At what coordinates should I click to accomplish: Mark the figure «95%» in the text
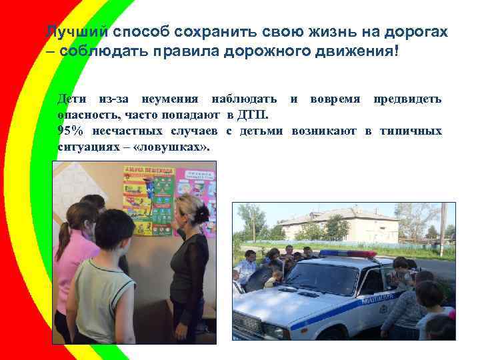[x=72, y=131]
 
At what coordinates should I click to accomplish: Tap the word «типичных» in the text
[x=411, y=131]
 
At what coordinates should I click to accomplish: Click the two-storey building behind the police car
[x=340, y=227]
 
